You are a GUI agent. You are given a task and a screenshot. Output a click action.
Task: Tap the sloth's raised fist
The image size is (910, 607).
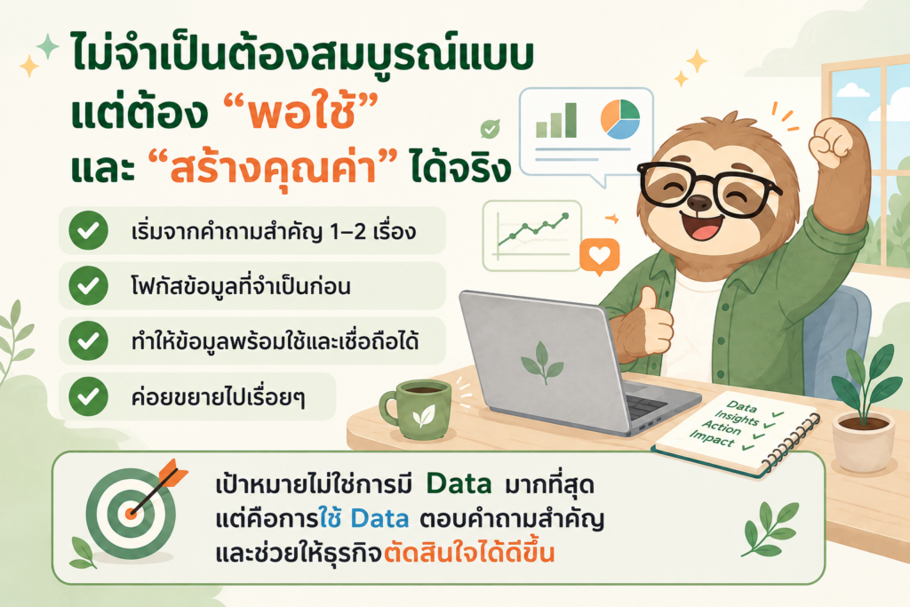pos(832,142)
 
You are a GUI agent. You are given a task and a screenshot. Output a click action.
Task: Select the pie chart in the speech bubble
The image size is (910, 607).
pos(619,118)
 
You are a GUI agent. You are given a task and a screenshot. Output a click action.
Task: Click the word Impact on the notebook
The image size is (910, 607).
pos(712,439)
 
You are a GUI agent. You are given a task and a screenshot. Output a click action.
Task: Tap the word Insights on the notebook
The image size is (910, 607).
pos(736,417)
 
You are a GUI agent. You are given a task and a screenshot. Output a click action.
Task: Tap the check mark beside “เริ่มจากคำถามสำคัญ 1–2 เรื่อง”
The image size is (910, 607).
pos(88,230)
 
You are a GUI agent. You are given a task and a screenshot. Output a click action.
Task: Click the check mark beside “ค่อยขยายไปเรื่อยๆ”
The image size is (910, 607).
pos(88,396)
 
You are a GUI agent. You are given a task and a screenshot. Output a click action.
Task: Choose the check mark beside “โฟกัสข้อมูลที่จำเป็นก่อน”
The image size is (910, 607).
pos(88,285)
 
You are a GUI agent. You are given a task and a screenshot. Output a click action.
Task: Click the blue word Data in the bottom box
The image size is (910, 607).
pos(380,518)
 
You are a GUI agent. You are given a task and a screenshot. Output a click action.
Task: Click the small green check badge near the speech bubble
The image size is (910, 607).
pos(491,128)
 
